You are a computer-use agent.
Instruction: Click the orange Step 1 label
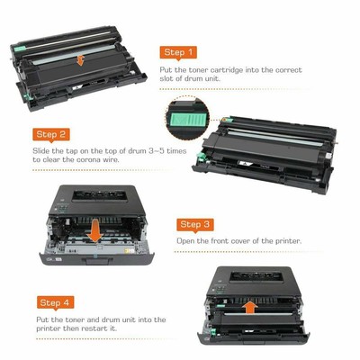coord(178,53)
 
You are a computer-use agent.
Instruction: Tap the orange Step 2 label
coord(51,134)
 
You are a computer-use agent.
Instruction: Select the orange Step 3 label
coord(196,224)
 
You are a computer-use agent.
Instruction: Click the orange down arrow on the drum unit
coord(82,61)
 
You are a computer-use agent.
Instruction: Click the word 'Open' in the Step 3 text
coord(185,242)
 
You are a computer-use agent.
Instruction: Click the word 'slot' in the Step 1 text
coord(168,80)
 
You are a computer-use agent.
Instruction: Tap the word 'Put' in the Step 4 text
coord(42,319)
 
